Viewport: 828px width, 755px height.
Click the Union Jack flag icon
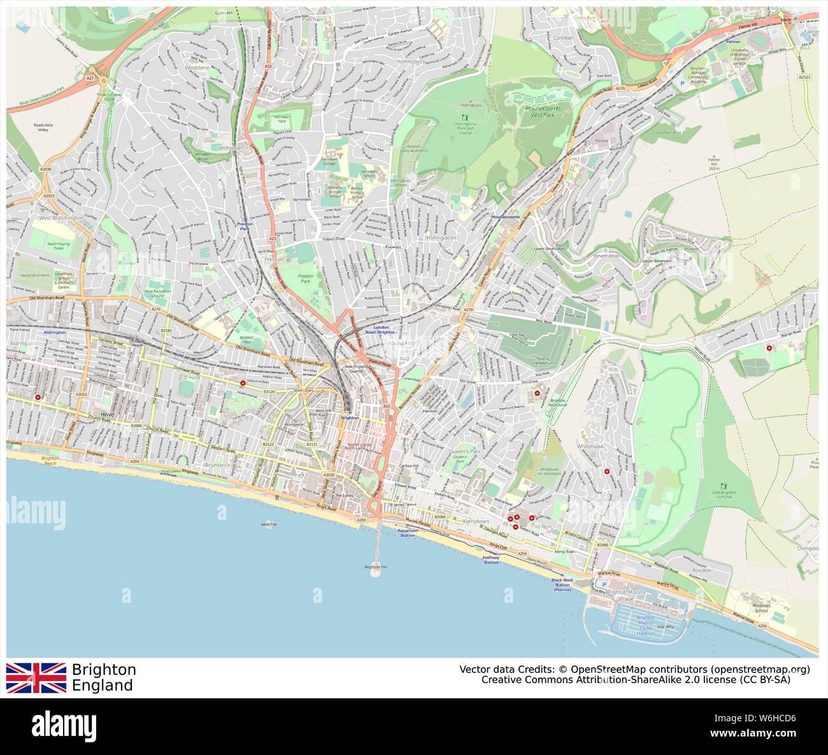click(x=36, y=677)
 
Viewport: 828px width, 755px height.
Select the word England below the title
click(x=103, y=686)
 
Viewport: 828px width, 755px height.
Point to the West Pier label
click(x=269, y=525)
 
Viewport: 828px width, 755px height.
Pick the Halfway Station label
click(x=490, y=560)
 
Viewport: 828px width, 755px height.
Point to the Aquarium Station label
click(x=408, y=533)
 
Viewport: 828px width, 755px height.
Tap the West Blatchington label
click(x=61, y=218)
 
